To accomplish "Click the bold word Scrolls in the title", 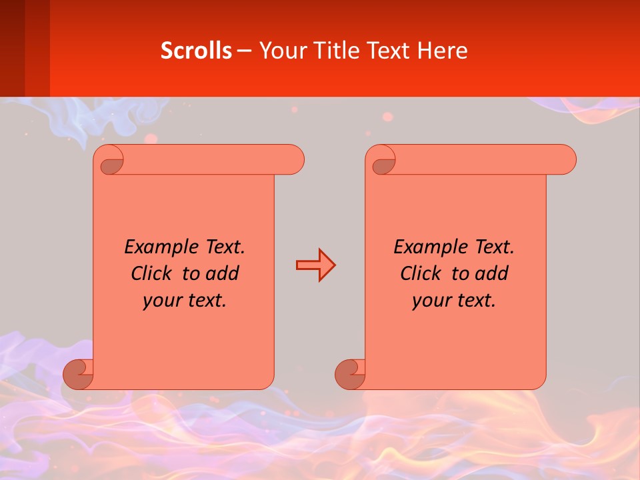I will pos(196,51).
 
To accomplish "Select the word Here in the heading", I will pos(442,51).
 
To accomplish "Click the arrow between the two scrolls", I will pos(315,265).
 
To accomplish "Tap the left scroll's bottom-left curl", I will pos(78,375).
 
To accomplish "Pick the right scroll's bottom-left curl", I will pos(350,375).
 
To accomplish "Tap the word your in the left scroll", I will pos(160,301).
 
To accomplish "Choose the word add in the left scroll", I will pos(223,273).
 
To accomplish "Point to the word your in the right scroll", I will pos(429,301).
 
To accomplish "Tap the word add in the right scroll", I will pos(492,273).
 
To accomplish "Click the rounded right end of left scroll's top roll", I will pos(294,160).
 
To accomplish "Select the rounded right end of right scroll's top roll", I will pos(566,160).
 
